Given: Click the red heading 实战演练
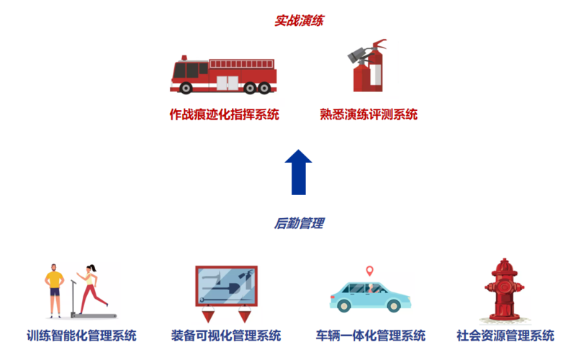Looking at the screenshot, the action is [x=299, y=21].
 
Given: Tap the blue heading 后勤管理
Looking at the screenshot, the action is [x=299, y=224].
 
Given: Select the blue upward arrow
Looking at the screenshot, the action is [x=298, y=172].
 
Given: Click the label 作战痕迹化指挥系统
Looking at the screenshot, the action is [x=224, y=114].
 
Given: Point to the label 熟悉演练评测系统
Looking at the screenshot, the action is [x=369, y=114].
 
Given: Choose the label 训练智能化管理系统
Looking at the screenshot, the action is [x=81, y=336].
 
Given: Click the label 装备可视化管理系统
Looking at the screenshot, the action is [x=226, y=336].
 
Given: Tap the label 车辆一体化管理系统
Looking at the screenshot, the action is [x=371, y=336].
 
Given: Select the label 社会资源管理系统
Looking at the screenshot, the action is [x=505, y=336].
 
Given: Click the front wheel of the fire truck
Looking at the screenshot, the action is [x=186, y=88].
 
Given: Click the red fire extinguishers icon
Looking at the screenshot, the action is [x=368, y=66].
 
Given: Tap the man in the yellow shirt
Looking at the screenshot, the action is [x=55, y=291].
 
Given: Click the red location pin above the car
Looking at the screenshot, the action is [x=369, y=271].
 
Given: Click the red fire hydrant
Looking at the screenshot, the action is [x=504, y=289].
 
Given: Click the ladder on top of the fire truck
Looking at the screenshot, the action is [x=242, y=64].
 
